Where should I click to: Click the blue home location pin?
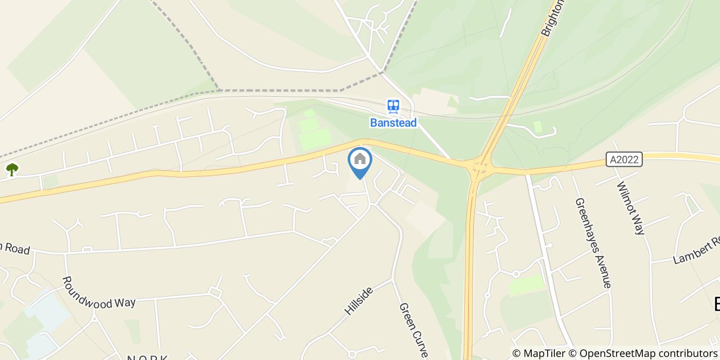coord(360,160)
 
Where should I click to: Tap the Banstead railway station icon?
coord(393,106)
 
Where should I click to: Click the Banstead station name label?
coord(393,123)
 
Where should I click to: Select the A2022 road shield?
coord(624,159)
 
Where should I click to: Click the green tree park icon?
coord(12,169)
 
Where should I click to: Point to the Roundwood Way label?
coord(98,293)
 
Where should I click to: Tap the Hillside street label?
coord(358,301)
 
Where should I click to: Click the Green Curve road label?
coord(413,330)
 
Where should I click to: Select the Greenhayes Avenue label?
coord(593,243)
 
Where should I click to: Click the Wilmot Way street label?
coord(629,208)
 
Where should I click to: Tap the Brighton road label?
coord(553,17)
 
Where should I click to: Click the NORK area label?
coord(148,357)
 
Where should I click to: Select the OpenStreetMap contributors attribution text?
coord(648,353)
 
